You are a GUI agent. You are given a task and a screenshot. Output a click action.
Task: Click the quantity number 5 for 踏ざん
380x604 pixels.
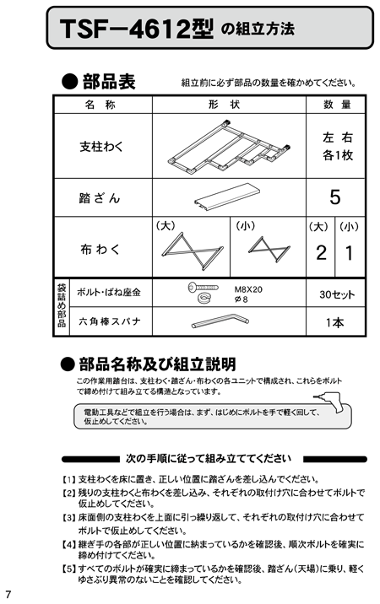(x=335, y=197)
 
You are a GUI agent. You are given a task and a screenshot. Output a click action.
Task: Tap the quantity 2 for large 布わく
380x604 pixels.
(x=321, y=253)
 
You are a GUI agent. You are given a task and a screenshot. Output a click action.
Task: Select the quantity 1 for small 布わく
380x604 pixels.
(x=349, y=253)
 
